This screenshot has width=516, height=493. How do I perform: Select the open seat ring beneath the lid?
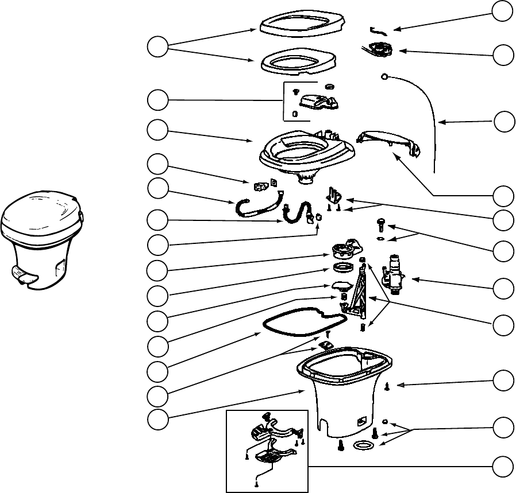tap(299, 61)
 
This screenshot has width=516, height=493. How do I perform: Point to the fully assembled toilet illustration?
tap(41, 236)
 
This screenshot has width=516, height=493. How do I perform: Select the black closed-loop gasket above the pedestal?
tap(302, 325)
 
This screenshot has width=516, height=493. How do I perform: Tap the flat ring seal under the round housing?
tap(344, 269)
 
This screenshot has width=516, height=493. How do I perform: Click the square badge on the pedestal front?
tap(361, 420)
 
